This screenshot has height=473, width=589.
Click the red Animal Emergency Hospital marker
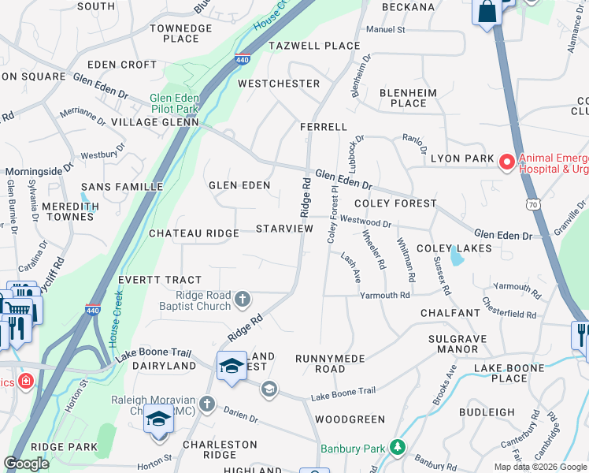(506, 162)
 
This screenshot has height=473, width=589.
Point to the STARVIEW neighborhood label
(284, 229)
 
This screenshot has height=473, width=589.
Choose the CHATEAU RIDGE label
(194, 233)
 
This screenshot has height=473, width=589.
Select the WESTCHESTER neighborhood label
(279, 84)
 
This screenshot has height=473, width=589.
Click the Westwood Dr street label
(365, 222)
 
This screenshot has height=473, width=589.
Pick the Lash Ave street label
(350, 268)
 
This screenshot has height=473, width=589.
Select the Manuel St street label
(385, 30)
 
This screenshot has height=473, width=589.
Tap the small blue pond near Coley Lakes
(456, 257)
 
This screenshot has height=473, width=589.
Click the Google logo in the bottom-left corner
(26, 464)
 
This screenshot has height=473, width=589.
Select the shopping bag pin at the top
(487, 11)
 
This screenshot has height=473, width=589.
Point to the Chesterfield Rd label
(509, 308)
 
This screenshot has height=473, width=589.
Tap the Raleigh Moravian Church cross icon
(207, 404)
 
